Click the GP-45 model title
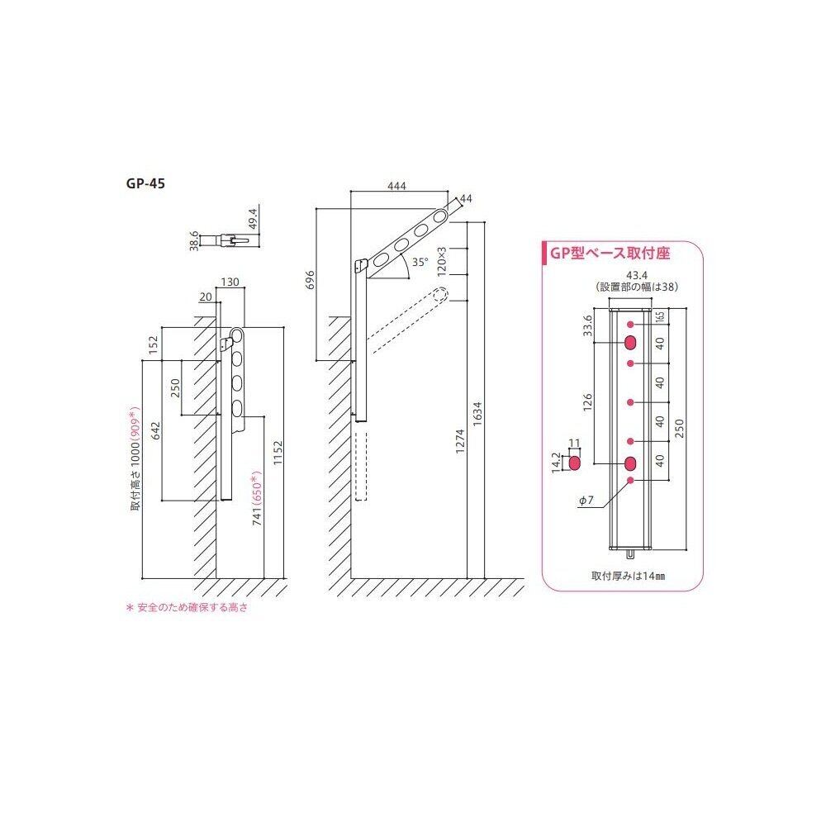click(145, 183)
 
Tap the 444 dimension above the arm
click(396, 186)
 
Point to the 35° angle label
click(420, 263)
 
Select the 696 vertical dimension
click(310, 280)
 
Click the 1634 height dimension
click(477, 414)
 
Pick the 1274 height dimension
click(460, 441)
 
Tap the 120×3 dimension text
click(441, 261)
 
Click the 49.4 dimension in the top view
click(253, 219)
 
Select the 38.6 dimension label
click(194, 240)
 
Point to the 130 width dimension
click(230, 282)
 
